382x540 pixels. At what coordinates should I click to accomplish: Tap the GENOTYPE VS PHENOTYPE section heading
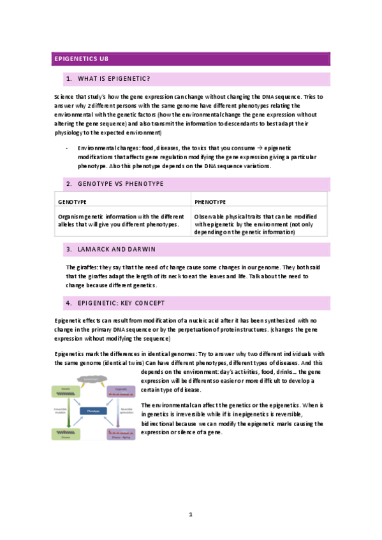(121, 184)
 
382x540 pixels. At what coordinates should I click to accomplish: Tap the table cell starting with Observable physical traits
(258, 224)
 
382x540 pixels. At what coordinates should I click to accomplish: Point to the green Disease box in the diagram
(66, 434)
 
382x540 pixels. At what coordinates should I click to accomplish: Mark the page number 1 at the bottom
(191, 514)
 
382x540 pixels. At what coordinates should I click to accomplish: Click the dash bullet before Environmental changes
(68, 147)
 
